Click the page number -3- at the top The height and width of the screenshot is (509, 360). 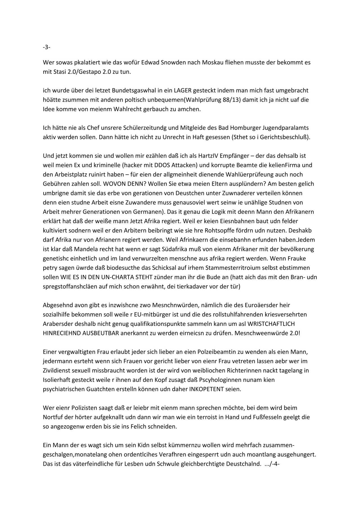pos(46,47)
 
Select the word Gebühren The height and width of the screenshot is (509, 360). pos(55,184)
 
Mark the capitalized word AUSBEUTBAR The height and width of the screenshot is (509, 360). pos(100,333)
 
